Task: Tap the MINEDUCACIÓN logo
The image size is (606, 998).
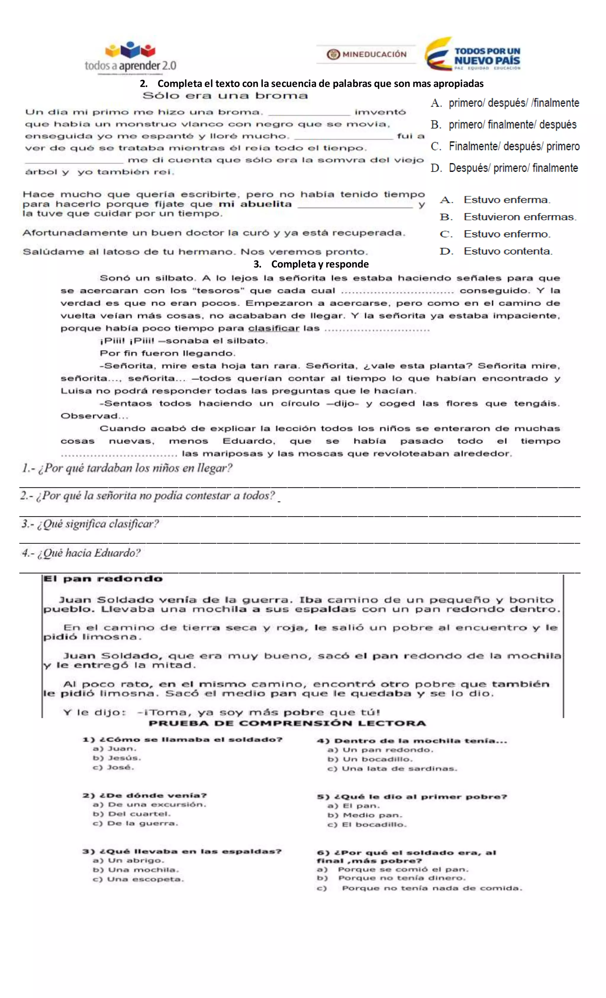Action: (x=367, y=54)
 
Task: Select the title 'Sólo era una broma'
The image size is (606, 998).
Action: (x=225, y=96)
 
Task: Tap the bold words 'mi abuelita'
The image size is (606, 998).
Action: (x=255, y=204)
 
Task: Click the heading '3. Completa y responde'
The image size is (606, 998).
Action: (x=311, y=264)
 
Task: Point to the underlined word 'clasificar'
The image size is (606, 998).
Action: (x=273, y=328)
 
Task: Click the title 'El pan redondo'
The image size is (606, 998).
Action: (x=103, y=578)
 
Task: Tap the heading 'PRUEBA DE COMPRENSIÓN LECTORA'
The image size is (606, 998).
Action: (x=287, y=723)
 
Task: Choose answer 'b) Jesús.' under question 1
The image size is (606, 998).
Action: (x=117, y=758)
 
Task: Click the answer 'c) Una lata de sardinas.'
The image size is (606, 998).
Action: (x=392, y=769)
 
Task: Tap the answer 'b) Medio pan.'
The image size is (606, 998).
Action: (x=365, y=815)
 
